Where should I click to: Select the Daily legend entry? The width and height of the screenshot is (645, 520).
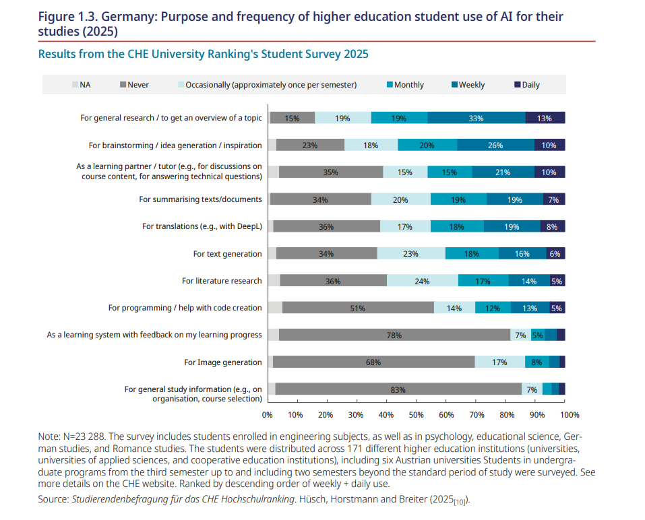[x=526, y=85]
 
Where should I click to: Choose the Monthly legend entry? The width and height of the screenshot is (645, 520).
[x=405, y=85]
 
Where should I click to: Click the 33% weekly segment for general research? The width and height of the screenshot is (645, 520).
[x=476, y=118]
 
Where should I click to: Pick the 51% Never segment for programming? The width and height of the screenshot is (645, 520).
[x=357, y=308]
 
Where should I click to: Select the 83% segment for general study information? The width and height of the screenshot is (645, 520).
[x=398, y=389]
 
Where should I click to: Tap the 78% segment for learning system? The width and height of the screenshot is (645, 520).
[x=394, y=335]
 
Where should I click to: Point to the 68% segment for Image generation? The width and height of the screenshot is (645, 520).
[x=373, y=362]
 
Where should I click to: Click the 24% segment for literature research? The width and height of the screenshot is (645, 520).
[x=422, y=281]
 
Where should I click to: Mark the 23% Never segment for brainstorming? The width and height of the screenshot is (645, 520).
[x=310, y=145]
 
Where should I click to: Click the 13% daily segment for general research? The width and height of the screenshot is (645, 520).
[x=545, y=118]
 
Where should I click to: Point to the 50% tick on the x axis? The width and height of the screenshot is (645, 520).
[x=417, y=415]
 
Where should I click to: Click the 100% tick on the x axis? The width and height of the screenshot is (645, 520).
[x=569, y=415]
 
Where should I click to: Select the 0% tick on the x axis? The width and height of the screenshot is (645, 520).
[x=268, y=415]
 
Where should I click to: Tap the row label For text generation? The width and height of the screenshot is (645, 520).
[x=227, y=254]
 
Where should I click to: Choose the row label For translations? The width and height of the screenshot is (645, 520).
[x=202, y=226]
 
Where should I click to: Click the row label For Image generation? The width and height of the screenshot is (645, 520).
[x=222, y=362]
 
